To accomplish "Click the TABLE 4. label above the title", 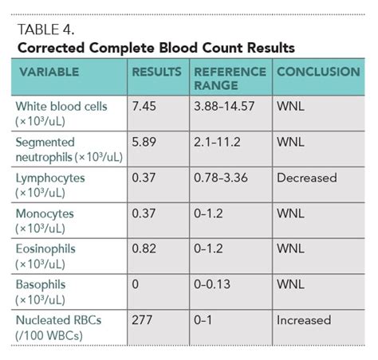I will point(44,30).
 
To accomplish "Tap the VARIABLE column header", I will point(50,72).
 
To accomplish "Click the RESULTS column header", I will point(157,72).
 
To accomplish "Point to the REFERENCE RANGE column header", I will point(230,78).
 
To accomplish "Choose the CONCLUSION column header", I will point(318,72).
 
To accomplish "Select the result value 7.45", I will point(144,106).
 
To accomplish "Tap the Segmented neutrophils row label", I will point(68,148).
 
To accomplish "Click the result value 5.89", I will point(144,142).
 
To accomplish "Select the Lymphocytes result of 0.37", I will point(144,178).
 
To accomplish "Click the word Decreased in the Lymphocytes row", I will point(307,178).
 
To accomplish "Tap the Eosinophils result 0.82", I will point(144,248).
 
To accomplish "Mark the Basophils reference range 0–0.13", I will point(218,284).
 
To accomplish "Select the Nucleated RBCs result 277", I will point(141,319).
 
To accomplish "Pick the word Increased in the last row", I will point(304,319).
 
